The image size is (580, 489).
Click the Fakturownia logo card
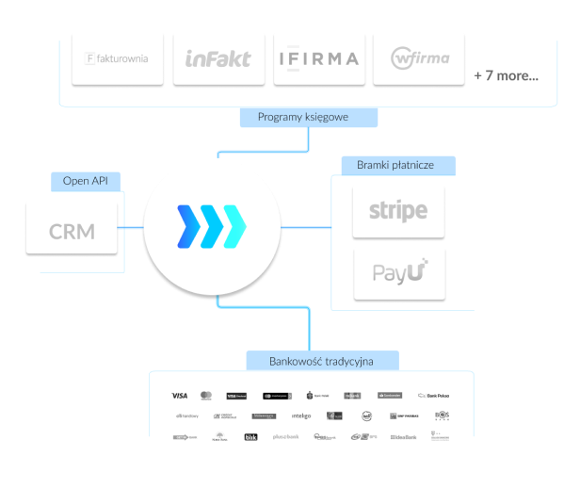(118, 58)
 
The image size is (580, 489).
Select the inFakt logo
(217, 58)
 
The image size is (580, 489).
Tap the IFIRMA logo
(318, 58)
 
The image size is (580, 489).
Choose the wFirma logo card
(419, 58)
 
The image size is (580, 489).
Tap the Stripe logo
(398, 211)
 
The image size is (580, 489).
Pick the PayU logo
(398, 273)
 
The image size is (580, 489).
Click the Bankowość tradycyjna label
(322, 361)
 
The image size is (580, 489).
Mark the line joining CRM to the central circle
(131, 228)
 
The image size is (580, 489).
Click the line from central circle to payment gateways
(306, 228)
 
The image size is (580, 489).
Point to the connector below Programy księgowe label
(310, 139)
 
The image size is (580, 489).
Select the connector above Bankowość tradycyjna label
(310, 330)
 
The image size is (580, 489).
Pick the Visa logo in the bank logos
(180, 395)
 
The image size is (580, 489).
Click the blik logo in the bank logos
(250, 437)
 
